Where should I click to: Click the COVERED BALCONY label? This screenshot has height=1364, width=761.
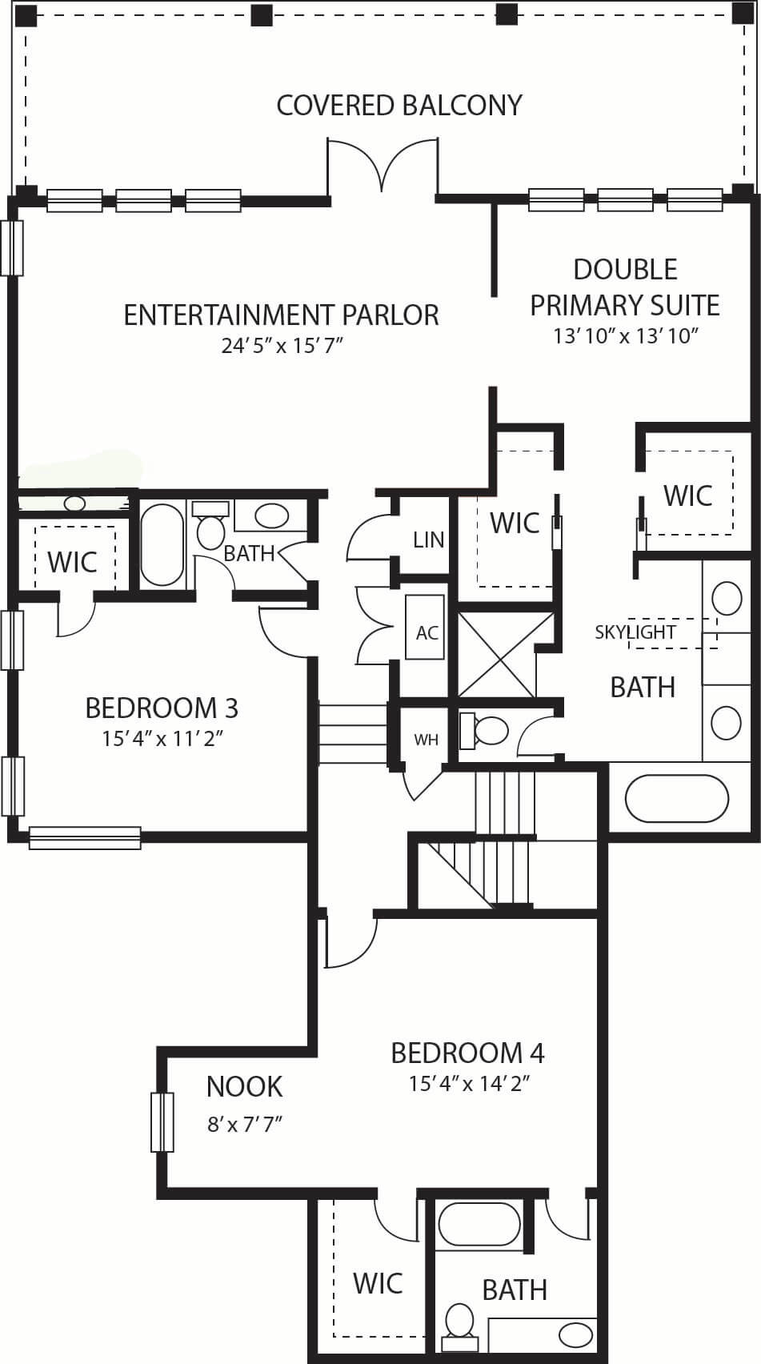coord(399,106)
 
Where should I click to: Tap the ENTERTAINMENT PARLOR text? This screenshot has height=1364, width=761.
coord(281,315)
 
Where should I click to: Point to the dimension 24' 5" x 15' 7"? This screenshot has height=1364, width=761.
coord(282,346)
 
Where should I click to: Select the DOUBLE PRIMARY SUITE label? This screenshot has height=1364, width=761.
coord(625,287)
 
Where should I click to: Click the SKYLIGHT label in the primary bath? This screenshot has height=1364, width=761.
coord(635,632)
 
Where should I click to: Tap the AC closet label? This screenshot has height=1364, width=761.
coord(427,633)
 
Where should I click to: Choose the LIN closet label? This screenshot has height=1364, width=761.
coord(429,540)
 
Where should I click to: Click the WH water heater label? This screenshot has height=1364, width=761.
coord(427,740)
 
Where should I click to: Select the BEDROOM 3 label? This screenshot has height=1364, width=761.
coord(162,708)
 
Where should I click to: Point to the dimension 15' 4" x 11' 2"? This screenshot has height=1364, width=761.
coord(162,739)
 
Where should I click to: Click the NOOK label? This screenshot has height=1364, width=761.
coord(244,1086)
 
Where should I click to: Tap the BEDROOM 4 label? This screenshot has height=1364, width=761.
coord(467,1053)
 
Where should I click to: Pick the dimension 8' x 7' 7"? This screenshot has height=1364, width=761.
coord(245,1124)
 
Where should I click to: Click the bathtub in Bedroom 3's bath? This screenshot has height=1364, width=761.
coord(162,544)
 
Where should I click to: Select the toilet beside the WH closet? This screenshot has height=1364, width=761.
coord(483,730)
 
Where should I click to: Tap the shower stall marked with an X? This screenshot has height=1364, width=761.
coord(497,655)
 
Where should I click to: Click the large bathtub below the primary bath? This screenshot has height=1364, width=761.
coord(677,798)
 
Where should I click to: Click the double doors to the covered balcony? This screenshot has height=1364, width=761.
coord(383,165)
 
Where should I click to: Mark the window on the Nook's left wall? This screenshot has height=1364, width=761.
coord(162,1122)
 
